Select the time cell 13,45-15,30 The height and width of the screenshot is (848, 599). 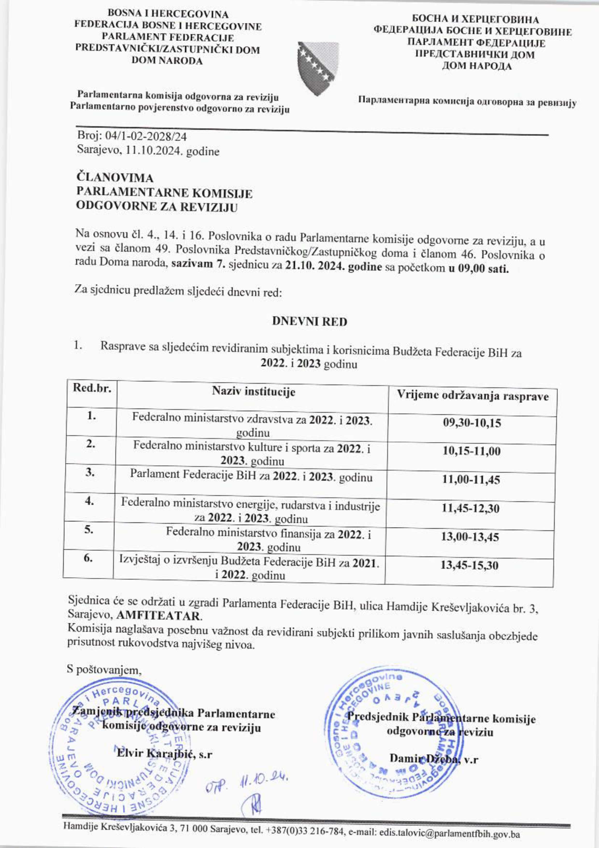470,565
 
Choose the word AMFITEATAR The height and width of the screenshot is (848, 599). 159,616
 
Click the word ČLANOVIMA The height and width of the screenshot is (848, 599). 114,178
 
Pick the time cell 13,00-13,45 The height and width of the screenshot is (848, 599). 470,537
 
